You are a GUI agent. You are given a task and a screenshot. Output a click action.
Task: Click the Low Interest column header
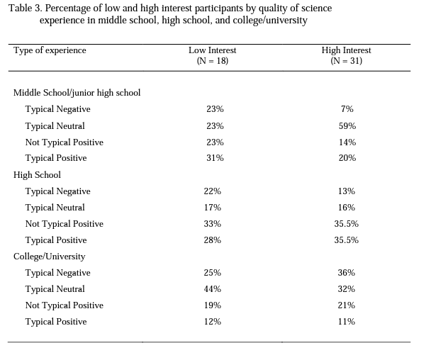click(212, 50)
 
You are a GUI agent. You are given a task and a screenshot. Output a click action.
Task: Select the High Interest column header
click(347, 50)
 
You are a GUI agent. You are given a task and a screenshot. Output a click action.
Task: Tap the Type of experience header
click(50, 50)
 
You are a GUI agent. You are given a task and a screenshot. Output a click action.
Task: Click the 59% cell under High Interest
click(347, 126)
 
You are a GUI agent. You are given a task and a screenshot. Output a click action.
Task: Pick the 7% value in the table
click(347, 109)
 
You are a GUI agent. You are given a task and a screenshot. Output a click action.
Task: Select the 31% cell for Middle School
click(215, 158)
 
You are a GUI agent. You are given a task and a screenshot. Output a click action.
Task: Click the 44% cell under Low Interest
click(212, 289)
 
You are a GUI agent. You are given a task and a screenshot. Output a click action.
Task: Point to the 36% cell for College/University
click(347, 273)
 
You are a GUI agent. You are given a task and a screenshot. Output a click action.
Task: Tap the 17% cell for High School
click(212, 208)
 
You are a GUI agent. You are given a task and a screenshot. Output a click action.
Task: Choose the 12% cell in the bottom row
click(212, 322)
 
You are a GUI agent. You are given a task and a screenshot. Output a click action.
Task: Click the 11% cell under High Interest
click(347, 322)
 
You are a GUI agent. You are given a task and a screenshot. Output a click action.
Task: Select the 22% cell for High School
click(212, 191)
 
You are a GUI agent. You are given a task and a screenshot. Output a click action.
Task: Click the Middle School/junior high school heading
click(77, 93)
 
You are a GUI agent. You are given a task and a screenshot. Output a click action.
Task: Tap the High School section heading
click(37, 175)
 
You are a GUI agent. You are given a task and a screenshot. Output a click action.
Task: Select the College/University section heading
click(49, 257)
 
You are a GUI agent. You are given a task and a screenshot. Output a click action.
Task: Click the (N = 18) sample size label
click(213, 61)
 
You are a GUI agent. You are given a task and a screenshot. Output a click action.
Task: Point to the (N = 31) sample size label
click(347, 61)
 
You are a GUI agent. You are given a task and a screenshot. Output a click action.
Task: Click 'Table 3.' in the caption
click(26, 9)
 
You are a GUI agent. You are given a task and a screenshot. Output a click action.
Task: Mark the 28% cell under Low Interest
click(212, 240)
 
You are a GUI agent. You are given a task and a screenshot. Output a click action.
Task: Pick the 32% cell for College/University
click(347, 289)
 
